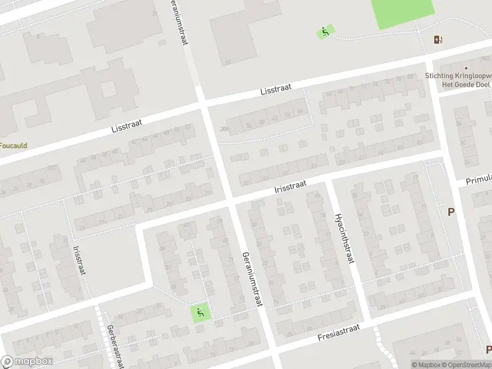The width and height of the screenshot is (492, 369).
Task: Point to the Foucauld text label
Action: pos(13,146)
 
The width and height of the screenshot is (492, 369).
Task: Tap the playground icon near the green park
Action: pos(325,31)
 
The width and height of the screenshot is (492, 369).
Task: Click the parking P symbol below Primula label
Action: pos(451,212)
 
